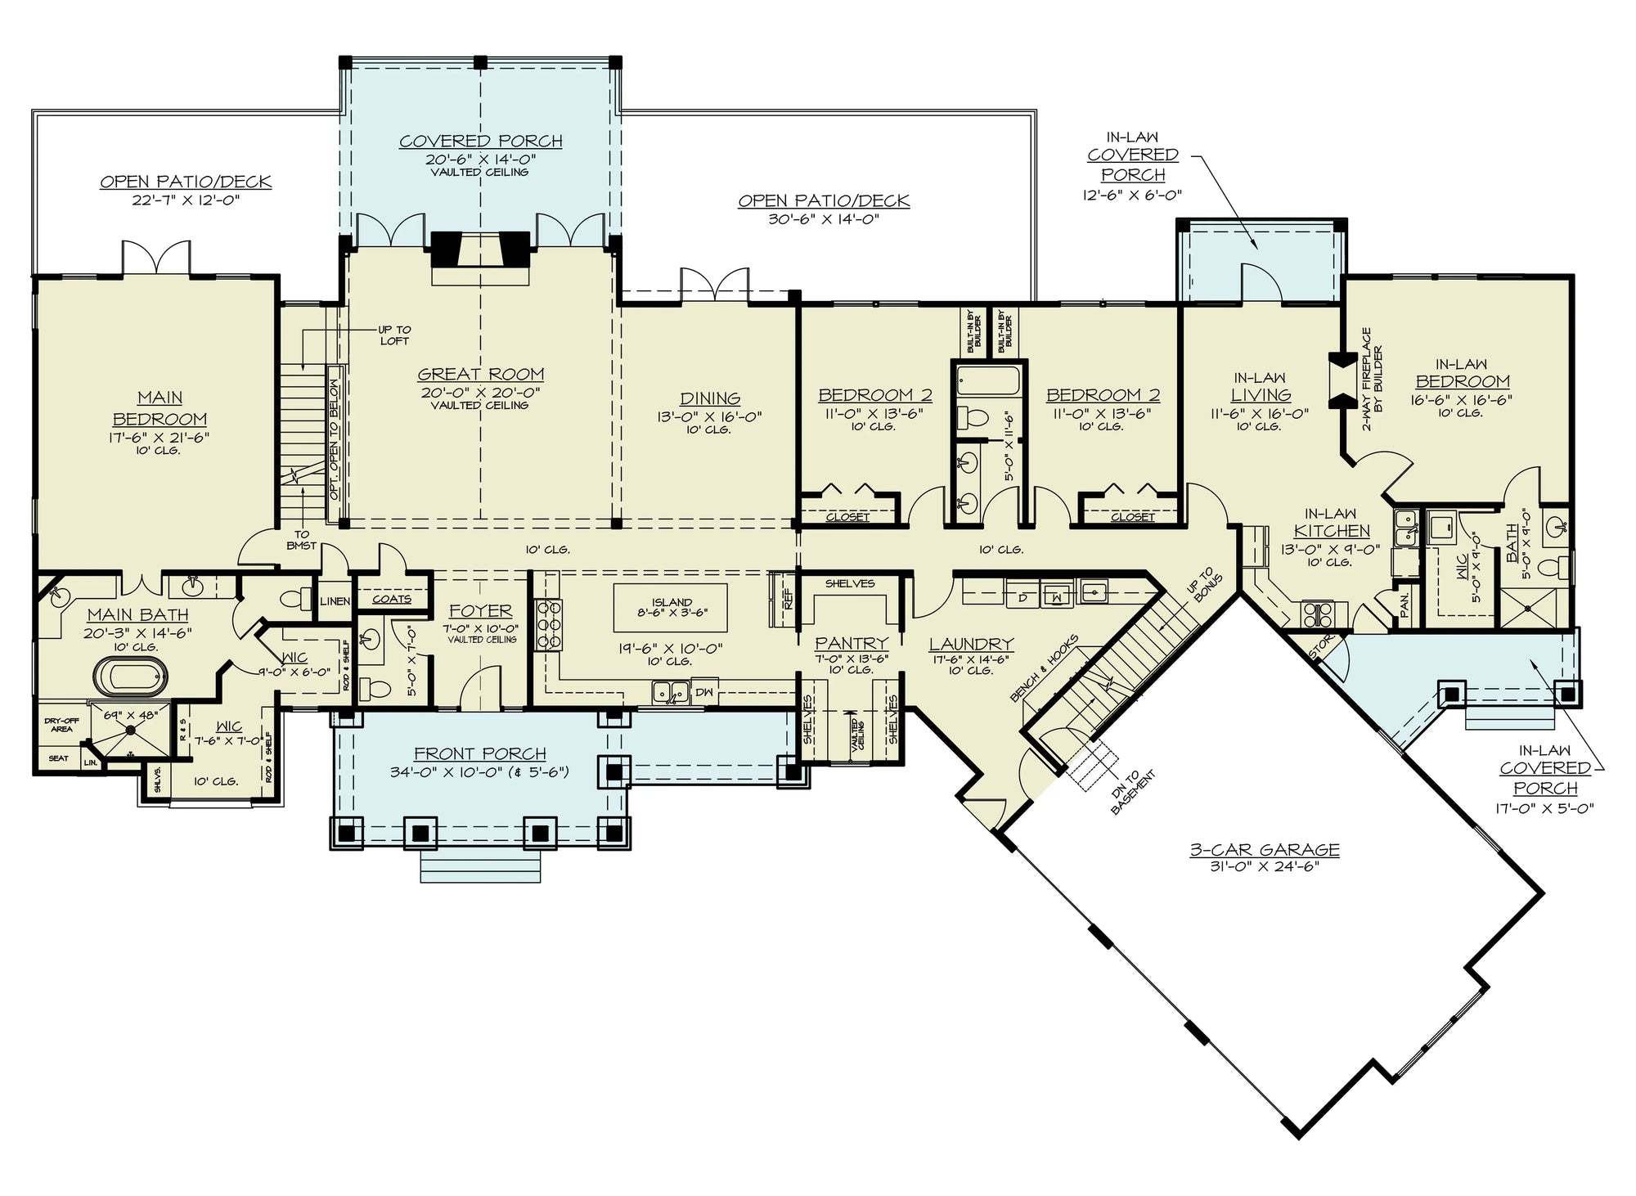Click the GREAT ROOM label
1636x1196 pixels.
click(481, 375)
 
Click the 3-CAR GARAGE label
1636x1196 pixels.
click(1265, 850)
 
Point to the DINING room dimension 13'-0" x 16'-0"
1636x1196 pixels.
click(709, 416)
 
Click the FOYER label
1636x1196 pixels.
click(481, 611)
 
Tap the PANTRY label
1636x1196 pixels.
click(851, 644)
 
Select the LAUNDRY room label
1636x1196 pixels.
click(971, 645)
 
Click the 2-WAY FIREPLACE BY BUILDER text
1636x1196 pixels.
click(1372, 380)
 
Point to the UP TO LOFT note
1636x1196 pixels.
click(394, 335)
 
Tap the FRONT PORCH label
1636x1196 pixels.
click(479, 753)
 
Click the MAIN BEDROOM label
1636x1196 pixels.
click(160, 408)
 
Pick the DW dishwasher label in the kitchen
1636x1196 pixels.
click(703, 692)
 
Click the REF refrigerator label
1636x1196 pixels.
click(789, 600)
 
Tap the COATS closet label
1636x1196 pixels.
click(391, 599)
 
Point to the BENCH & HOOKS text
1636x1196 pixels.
click(1044, 668)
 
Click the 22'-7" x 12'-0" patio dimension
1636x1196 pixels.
click(186, 200)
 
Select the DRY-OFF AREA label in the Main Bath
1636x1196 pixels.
click(61, 725)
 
